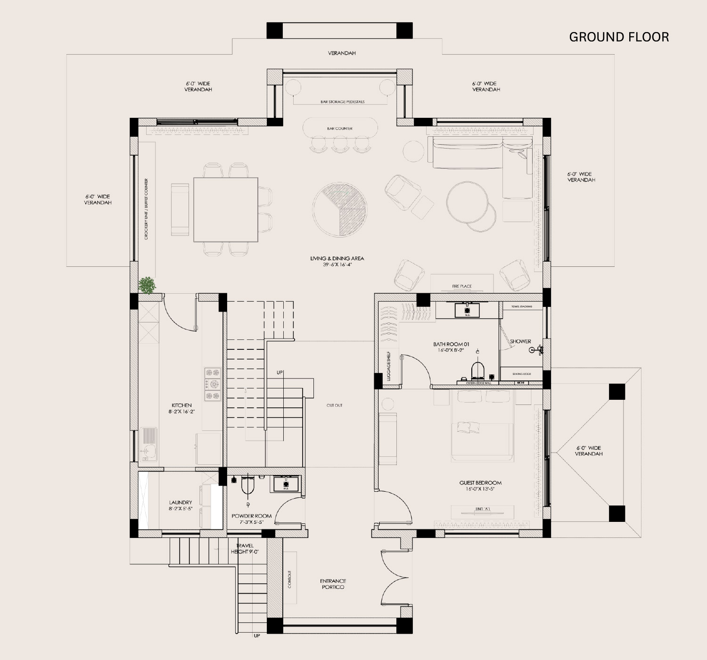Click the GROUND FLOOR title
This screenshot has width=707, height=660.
tap(618, 37)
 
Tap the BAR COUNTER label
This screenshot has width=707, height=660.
tap(340, 128)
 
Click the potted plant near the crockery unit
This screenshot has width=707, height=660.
tap(148, 285)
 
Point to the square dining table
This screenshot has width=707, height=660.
tap(226, 209)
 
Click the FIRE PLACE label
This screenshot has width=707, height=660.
tap(462, 286)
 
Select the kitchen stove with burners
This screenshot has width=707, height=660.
tap(213, 384)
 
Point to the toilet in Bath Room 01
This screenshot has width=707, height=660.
tap(478, 370)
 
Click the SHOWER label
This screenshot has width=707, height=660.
tap(520, 341)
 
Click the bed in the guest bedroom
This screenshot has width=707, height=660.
tap(482, 427)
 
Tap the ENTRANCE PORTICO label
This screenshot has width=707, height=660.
tap(333, 584)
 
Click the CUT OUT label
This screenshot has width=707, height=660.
tap(335, 405)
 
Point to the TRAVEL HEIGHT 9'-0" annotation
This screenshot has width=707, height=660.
tap(245, 549)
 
